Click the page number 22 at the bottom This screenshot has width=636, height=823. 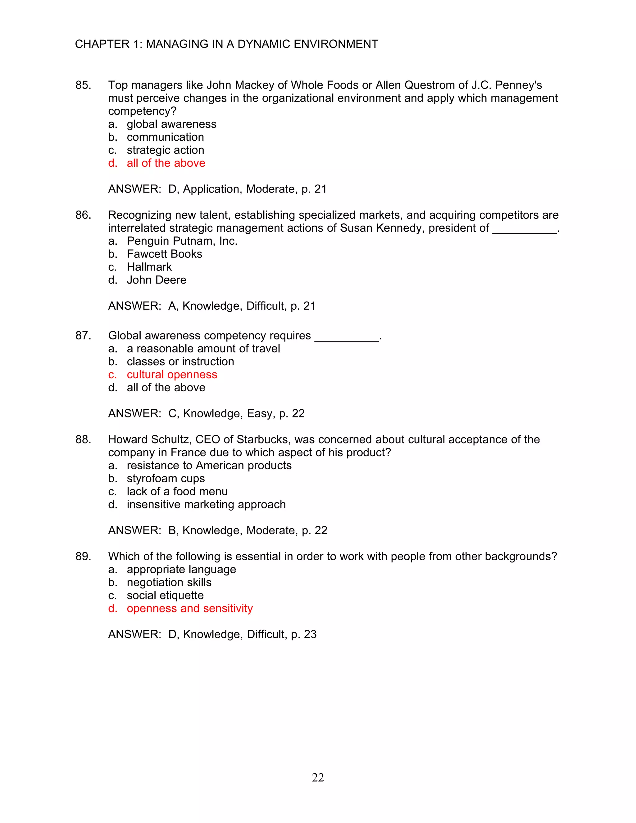click(x=318, y=777)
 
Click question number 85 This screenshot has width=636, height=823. click(x=83, y=85)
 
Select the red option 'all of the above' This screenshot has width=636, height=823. click(x=166, y=163)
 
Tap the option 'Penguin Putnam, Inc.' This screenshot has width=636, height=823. click(x=182, y=241)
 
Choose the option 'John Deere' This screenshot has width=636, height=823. click(x=157, y=280)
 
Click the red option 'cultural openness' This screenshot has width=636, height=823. click(x=172, y=375)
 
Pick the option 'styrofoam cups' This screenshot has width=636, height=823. click(x=166, y=478)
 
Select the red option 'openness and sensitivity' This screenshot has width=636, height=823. click(x=189, y=608)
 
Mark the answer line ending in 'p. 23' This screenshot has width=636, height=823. click(x=212, y=634)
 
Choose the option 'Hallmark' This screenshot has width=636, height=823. click(x=149, y=267)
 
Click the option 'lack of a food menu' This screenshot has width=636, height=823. click(x=177, y=491)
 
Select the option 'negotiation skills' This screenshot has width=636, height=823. click(x=169, y=582)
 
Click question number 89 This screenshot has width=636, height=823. click(x=83, y=557)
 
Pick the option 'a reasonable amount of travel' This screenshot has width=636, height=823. click(x=203, y=348)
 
